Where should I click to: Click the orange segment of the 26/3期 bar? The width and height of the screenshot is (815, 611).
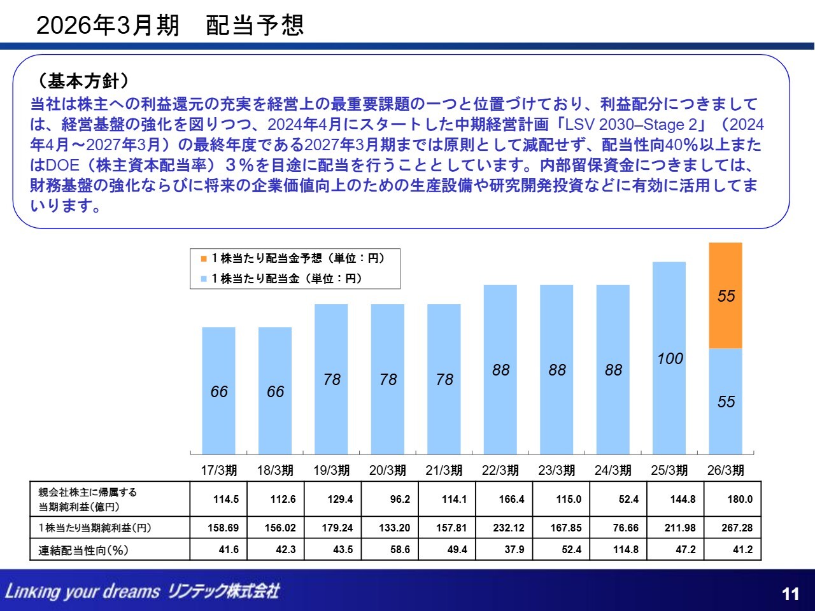(x=725, y=295)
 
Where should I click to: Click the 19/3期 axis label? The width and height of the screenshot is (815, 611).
(x=331, y=470)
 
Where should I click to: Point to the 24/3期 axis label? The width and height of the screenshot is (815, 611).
(x=613, y=470)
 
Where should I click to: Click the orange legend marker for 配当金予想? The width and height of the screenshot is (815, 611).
(x=204, y=258)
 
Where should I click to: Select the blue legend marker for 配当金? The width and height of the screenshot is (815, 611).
(x=204, y=279)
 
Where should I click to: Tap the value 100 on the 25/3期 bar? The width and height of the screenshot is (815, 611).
(x=670, y=358)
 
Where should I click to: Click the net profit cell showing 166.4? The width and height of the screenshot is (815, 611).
(x=511, y=499)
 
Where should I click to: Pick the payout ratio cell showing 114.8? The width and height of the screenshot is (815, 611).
(x=625, y=549)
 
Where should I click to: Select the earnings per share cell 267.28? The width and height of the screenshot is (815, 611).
(x=737, y=528)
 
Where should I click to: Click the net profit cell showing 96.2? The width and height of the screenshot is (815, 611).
(x=400, y=499)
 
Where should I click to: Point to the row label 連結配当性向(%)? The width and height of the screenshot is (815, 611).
(x=83, y=550)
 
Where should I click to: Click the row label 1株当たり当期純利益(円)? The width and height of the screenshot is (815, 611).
(x=95, y=528)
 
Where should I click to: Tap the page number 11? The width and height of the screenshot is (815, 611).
(x=790, y=594)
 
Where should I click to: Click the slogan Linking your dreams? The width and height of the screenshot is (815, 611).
(x=82, y=591)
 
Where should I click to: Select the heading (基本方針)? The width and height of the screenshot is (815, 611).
(x=83, y=81)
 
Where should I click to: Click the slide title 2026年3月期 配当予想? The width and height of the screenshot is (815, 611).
(x=170, y=25)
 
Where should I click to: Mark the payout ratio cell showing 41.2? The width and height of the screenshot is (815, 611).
(x=742, y=549)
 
